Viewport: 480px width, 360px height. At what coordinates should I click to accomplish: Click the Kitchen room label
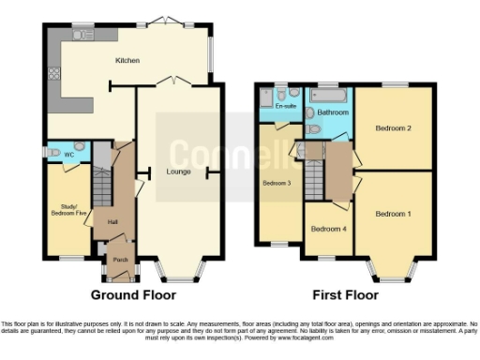[127, 61]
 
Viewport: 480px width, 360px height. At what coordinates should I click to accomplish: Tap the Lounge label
[179, 172]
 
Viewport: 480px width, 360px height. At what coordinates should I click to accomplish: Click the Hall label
[112, 221]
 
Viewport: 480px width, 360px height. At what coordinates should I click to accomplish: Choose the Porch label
[120, 260]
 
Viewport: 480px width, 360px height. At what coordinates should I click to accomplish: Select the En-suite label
[284, 107]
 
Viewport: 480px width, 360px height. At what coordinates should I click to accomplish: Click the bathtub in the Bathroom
[333, 97]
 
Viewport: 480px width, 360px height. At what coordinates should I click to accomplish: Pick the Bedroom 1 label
[393, 214]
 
